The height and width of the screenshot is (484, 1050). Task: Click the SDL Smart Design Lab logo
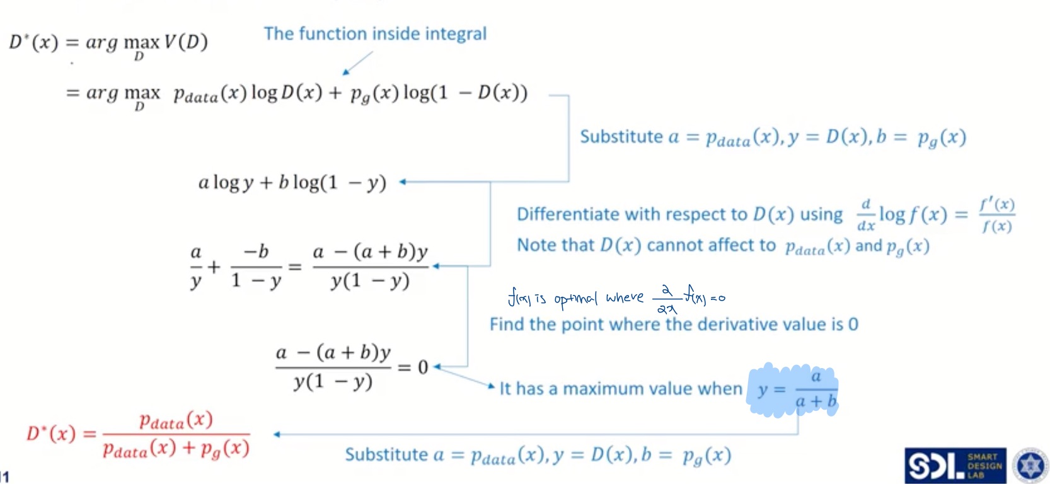pyautogui.click(x=954, y=466)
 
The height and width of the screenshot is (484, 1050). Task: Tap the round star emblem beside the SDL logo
pyautogui.click(x=1030, y=466)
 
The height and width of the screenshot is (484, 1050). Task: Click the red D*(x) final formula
pyautogui.click(x=139, y=434)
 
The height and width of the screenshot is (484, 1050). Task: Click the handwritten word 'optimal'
pyautogui.click(x=575, y=298)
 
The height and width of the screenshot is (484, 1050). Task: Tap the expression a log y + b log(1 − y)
pyautogui.click(x=292, y=183)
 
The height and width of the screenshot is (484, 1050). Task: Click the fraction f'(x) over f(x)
pyautogui.click(x=996, y=215)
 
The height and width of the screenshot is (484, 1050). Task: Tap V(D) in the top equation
pyautogui.click(x=186, y=42)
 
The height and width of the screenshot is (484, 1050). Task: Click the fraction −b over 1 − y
pyautogui.click(x=256, y=266)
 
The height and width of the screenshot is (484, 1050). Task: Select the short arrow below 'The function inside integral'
pyautogui.click(x=357, y=63)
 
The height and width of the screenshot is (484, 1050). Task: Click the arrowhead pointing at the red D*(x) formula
pyautogui.click(x=277, y=434)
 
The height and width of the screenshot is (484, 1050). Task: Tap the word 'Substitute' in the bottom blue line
pyautogui.click(x=386, y=454)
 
